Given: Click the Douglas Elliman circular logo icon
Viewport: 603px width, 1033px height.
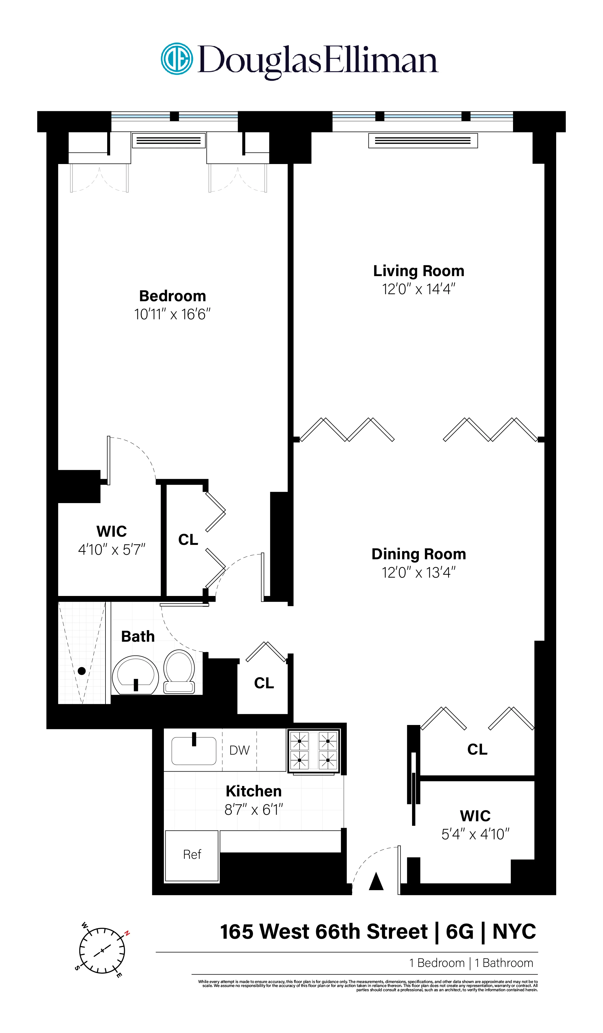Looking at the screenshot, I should [177, 59].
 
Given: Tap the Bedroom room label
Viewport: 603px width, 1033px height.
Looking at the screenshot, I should [172, 296].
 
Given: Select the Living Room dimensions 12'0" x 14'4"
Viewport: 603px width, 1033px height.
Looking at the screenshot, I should [418, 289].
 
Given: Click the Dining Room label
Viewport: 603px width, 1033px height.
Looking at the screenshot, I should [418, 554].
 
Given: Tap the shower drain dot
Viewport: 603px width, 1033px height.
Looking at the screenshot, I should [82, 671].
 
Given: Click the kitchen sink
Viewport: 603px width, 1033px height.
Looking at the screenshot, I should [194, 751].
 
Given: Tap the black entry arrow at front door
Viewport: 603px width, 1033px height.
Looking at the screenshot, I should [376, 882].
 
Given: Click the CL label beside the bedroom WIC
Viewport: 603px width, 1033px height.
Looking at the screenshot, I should [188, 540].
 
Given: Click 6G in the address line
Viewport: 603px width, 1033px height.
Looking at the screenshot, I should [459, 932].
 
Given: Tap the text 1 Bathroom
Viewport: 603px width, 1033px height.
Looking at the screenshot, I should [504, 963].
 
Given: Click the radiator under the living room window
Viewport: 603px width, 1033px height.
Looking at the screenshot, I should [423, 141].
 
